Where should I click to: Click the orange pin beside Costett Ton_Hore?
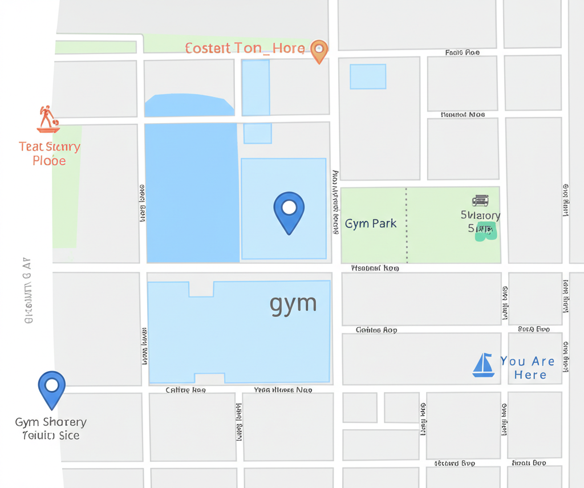(319, 50)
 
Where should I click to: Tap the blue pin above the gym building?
(289, 210)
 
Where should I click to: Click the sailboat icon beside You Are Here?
(483, 365)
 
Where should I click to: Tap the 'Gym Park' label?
(371, 223)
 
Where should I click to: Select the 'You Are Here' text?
(528, 368)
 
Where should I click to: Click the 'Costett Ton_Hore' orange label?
(245, 48)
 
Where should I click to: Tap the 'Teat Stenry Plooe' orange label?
(50, 153)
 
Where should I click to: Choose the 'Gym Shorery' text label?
(51, 422)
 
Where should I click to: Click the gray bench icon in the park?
(480, 200)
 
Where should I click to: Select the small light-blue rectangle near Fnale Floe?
(368, 76)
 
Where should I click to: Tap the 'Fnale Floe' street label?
(462, 52)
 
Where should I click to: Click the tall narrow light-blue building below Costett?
(255, 87)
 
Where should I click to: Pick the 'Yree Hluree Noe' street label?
(282, 391)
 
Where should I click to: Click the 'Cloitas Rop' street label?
(376, 330)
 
